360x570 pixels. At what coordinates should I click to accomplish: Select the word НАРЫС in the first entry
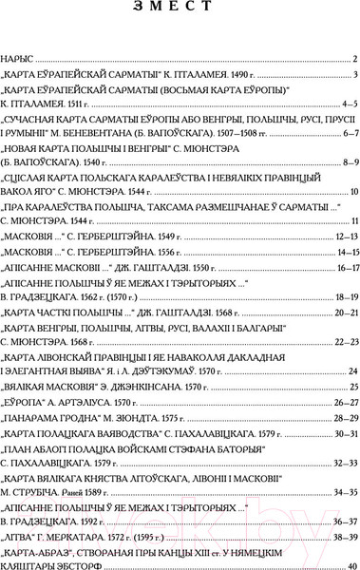coord(21,58)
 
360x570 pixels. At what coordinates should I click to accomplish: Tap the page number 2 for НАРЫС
coord(353,58)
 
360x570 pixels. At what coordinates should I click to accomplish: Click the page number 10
coord(351,193)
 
